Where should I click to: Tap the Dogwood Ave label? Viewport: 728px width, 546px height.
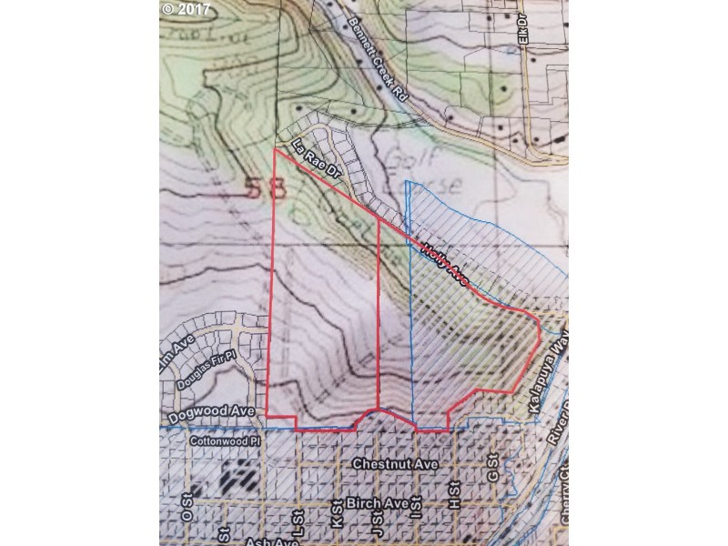click(x=216, y=411)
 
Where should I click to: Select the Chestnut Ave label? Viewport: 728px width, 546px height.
click(x=395, y=464)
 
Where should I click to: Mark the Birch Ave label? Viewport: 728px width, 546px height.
click(x=369, y=503)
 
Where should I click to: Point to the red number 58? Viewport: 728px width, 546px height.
click(x=267, y=188)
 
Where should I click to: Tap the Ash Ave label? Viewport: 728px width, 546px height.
click(x=273, y=542)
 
